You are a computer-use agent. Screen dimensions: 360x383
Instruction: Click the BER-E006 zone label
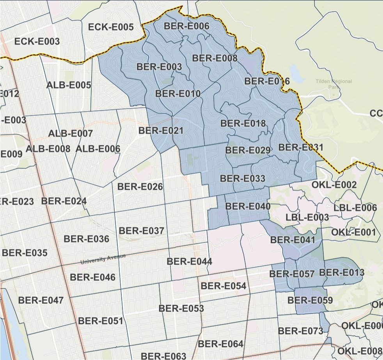(x=187, y=27)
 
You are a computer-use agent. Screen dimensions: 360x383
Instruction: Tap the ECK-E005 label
(x=111, y=27)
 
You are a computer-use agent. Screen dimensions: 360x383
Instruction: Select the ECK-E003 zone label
(x=37, y=42)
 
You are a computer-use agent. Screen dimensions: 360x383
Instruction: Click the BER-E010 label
(x=178, y=94)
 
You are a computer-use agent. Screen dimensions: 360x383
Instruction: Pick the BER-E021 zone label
(x=161, y=131)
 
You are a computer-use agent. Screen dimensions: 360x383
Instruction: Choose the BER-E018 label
(x=243, y=124)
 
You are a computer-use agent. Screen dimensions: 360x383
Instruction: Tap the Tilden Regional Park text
(x=334, y=84)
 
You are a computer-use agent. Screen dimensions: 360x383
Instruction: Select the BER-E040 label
(x=248, y=206)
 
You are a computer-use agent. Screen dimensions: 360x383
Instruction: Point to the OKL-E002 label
(x=334, y=184)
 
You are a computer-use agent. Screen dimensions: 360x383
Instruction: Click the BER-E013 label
(x=342, y=272)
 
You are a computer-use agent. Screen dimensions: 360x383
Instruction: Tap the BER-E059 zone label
(x=310, y=300)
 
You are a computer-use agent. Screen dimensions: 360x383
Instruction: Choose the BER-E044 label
(x=189, y=261)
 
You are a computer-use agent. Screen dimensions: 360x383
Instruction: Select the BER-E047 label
(x=41, y=300)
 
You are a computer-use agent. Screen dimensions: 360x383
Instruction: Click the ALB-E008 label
(x=48, y=149)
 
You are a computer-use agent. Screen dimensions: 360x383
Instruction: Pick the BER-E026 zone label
(x=140, y=187)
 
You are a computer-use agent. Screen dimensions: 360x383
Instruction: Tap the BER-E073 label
(x=301, y=331)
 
